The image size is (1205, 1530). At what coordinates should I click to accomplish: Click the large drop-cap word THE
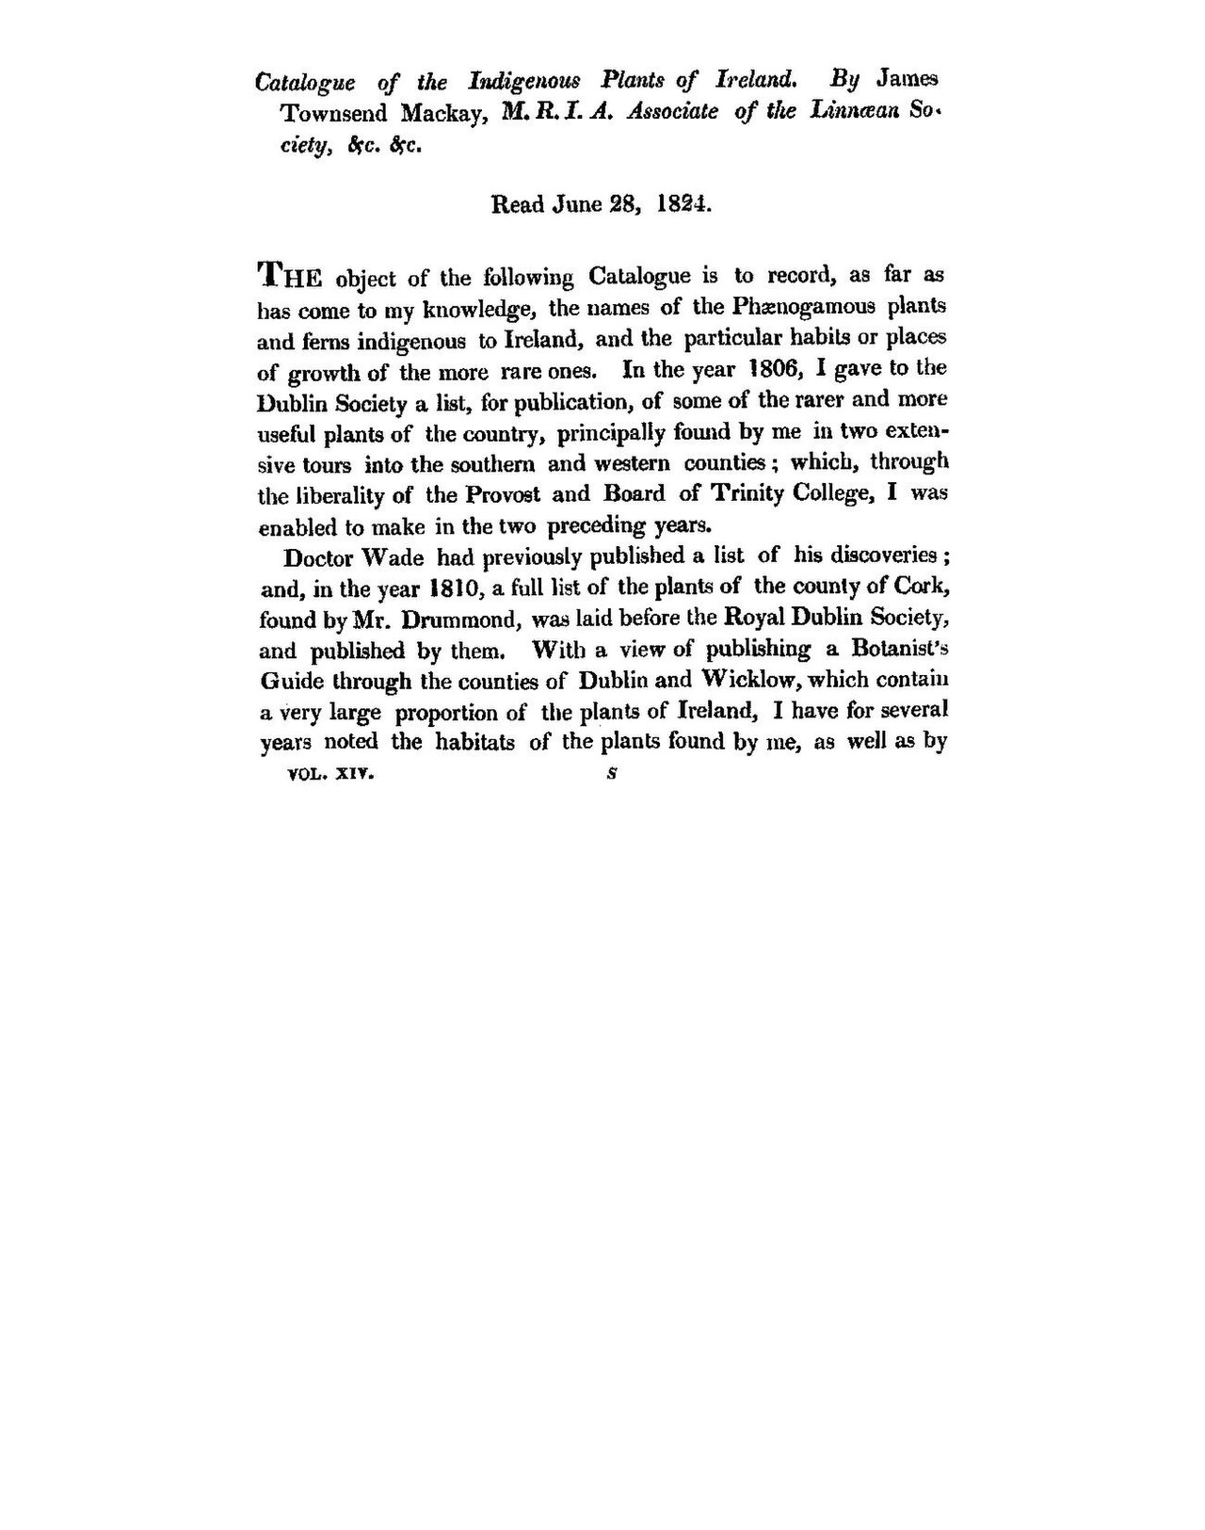click(x=291, y=276)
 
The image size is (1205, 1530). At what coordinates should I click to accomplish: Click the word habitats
click(x=474, y=742)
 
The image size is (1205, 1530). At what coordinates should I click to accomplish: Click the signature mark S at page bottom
click(x=611, y=776)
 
